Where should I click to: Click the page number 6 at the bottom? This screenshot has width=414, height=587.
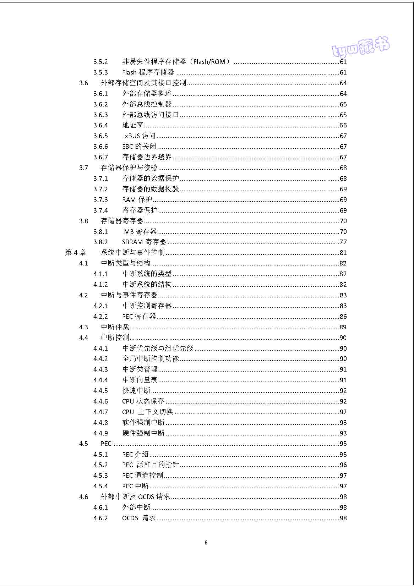(206, 542)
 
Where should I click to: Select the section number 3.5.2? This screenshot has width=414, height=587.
(100, 62)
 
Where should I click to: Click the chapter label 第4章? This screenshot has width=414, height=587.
(75, 253)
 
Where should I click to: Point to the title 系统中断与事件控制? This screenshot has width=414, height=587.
(133, 253)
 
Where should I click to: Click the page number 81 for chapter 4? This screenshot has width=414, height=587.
(343, 253)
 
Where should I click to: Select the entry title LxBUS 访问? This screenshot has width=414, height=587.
(139, 136)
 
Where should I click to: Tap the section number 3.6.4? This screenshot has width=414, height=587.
(100, 125)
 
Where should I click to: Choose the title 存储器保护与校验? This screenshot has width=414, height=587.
(129, 168)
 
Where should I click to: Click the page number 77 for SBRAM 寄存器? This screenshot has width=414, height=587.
(343, 242)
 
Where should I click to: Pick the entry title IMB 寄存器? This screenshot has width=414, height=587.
(139, 232)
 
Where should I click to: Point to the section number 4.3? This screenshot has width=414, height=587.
(83, 327)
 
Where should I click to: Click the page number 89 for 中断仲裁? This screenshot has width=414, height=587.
(343, 327)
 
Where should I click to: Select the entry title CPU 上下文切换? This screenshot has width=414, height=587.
(147, 412)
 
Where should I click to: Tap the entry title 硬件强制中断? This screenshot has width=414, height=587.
(143, 433)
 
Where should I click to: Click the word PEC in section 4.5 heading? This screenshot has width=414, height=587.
(106, 444)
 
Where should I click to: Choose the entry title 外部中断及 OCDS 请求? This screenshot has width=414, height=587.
(136, 497)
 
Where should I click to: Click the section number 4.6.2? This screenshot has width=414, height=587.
(100, 518)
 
